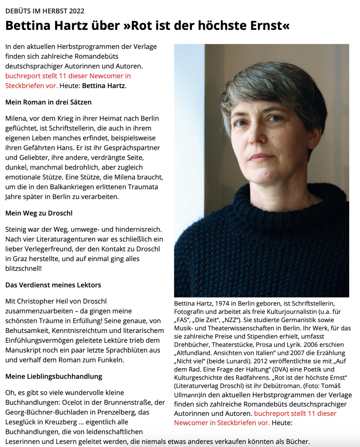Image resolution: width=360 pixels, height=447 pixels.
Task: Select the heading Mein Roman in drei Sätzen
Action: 49,102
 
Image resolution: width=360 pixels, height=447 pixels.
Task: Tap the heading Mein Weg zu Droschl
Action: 39,213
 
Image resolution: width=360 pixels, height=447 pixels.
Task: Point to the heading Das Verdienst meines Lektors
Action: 53,285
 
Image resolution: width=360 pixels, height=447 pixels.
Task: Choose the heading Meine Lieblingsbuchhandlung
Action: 54,376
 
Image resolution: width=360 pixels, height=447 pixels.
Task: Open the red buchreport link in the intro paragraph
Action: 68,81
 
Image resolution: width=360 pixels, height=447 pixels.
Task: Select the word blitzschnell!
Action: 23,268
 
